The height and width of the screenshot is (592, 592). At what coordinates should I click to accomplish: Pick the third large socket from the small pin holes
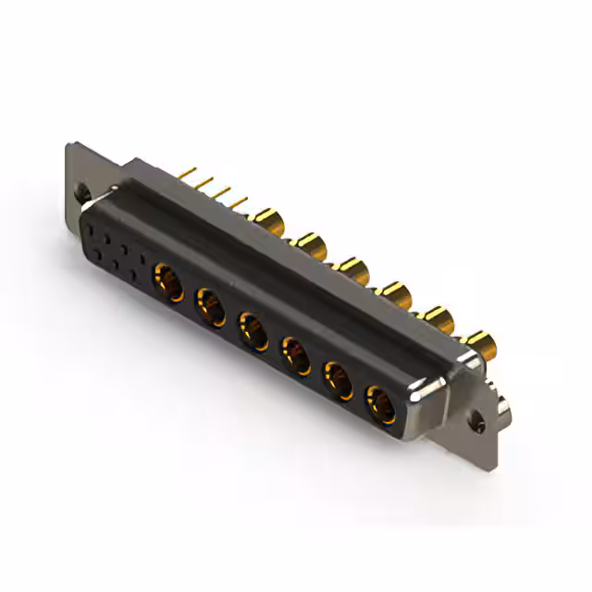click(x=253, y=330)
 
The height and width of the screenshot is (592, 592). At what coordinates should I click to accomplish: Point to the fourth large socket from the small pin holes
click(x=295, y=354)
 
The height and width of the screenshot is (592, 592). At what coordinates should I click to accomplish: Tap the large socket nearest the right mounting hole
click(x=380, y=403)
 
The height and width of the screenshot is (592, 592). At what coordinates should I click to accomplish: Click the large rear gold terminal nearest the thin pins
click(x=269, y=222)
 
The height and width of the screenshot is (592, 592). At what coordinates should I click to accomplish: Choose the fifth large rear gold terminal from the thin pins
click(x=436, y=319)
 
